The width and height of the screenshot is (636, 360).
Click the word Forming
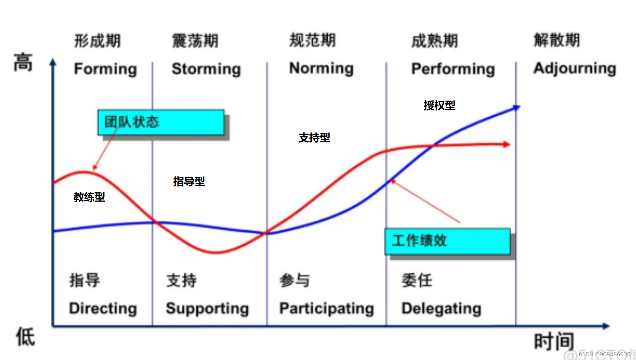[x=105, y=69]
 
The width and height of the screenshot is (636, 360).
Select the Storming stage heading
[x=206, y=69]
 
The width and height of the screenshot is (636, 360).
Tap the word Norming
[x=321, y=69]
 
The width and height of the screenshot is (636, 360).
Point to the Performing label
[x=453, y=69]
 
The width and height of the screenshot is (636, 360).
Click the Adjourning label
[x=575, y=69]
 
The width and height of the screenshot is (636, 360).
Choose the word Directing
[x=103, y=309]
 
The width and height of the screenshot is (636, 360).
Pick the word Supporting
[x=207, y=309]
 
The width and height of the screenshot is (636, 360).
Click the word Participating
[x=327, y=309]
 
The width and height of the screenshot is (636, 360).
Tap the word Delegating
[x=441, y=309]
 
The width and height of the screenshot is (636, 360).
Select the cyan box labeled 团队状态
[x=161, y=122]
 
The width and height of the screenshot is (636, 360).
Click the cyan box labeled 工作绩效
[x=447, y=241]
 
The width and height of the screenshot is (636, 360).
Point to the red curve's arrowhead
[x=506, y=144]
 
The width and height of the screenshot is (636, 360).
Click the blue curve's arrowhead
[x=516, y=108]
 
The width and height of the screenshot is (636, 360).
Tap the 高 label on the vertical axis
[x=23, y=62]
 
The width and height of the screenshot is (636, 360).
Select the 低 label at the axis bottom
[x=25, y=337]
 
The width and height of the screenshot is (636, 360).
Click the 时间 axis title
[x=554, y=341]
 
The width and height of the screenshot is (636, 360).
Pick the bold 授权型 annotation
[x=439, y=105]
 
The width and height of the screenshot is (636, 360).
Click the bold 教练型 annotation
[x=89, y=197]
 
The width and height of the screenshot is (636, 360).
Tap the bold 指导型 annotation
[x=189, y=182]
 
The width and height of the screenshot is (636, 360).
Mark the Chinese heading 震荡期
[x=195, y=41]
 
